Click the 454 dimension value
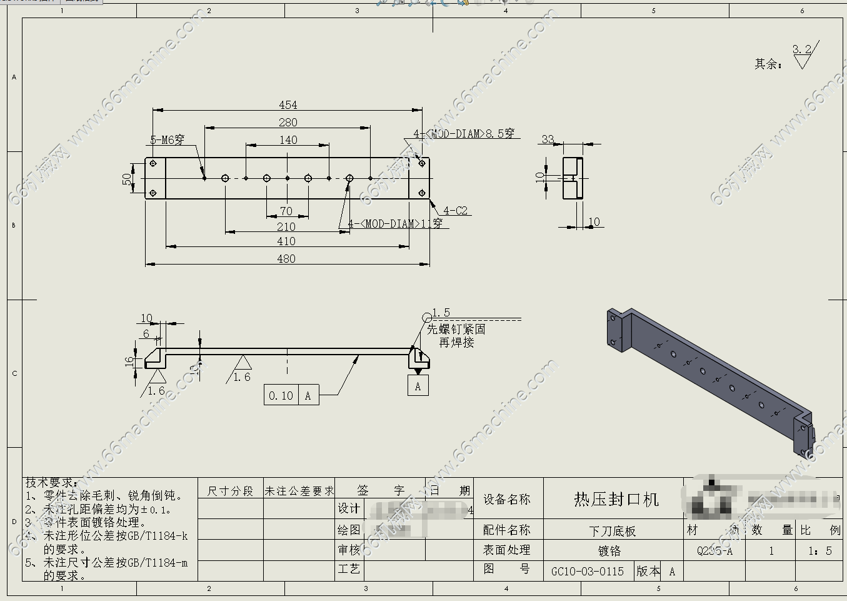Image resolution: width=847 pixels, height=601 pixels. (x=288, y=105)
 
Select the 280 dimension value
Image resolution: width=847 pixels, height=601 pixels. (x=288, y=123)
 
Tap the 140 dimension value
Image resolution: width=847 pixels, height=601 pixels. (x=288, y=140)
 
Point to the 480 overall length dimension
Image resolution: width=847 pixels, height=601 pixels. (x=286, y=259)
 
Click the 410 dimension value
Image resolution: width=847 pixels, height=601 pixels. (x=286, y=241)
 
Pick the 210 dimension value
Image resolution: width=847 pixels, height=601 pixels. (x=286, y=226)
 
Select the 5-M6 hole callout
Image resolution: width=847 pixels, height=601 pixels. (x=168, y=140)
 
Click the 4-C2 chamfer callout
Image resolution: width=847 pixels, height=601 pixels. (x=456, y=211)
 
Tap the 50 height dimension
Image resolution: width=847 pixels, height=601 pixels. (x=128, y=179)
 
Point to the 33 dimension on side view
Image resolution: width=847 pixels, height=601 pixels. (x=548, y=139)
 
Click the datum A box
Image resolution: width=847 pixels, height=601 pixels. (x=418, y=386)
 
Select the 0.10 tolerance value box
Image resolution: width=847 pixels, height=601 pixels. (x=281, y=395)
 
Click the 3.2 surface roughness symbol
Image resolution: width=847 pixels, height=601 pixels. (x=803, y=55)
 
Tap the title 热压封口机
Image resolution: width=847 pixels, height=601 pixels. (x=616, y=499)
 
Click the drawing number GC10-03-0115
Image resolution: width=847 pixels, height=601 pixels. (x=588, y=571)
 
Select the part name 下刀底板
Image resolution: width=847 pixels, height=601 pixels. (x=613, y=531)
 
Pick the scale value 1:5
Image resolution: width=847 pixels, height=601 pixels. (x=819, y=551)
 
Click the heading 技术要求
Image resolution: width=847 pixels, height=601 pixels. (x=51, y=483)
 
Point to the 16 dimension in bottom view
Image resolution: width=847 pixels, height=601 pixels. (x=129, y=361)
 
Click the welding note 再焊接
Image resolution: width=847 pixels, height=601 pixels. (x=456, y=343)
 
